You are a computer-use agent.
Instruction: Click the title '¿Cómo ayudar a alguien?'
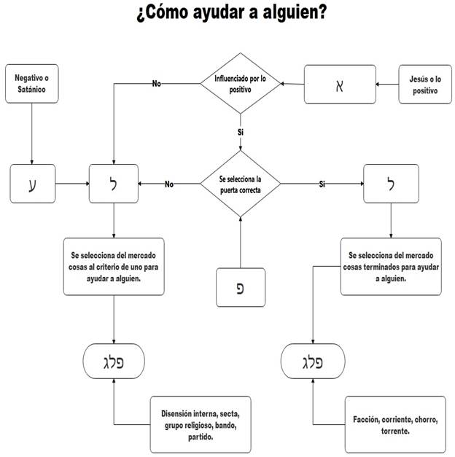(x=230, y=13)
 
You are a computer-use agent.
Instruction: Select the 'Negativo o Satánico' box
(x=31, y=83)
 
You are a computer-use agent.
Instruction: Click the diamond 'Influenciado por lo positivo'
(x=240, y=83)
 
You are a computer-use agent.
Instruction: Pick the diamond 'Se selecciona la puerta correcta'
(x=240, y=184)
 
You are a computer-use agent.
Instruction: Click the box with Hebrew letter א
(x=338, y=84)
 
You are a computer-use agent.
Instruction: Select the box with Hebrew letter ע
(x=31, y=184)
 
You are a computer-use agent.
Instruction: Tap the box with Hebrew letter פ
(x=240, y=286)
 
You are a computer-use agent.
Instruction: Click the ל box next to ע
(x=114, y=184)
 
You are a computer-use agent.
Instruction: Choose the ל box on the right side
(x=392, y=184)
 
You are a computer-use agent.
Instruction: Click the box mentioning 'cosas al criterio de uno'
(x=114, y=267)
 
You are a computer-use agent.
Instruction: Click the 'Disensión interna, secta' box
(x=202, y=425)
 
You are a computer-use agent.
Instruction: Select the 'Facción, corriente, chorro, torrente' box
(x=395, y=424)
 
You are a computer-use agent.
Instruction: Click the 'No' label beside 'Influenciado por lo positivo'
(x=156, y=83)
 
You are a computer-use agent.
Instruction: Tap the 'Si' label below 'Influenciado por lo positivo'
(x=240, y=132)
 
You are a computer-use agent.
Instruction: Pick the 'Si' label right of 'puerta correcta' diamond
(x=322, y=184)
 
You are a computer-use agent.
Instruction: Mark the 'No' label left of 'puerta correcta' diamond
(x=169, y=184)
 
